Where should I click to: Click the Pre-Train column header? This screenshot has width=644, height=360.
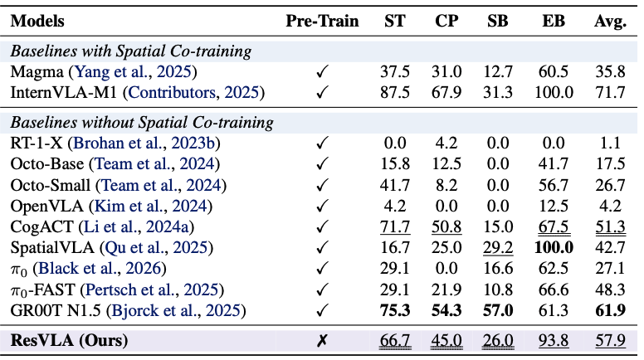[x=322, y=21]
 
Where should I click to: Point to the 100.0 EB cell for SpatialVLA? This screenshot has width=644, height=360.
[x=554, y=248]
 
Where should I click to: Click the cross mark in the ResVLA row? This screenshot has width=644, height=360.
[x=322, y=340]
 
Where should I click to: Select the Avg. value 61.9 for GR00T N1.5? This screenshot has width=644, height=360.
[x=610, y=311]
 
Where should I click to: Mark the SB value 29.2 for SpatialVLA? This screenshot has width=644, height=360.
[x=500, y=248]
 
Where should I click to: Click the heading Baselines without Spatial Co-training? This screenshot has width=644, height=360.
[x=142, y=123]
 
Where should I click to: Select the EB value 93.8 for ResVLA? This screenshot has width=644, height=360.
[x=554, y=340]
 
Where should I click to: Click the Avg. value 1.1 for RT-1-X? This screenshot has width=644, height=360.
[x=610, y=143]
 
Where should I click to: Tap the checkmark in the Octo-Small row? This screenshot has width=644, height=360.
[x=322, y=185]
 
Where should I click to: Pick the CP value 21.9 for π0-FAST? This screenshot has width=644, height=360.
[x=448, y=290]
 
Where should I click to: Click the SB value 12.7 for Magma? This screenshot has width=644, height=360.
[x=500, y=72]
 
